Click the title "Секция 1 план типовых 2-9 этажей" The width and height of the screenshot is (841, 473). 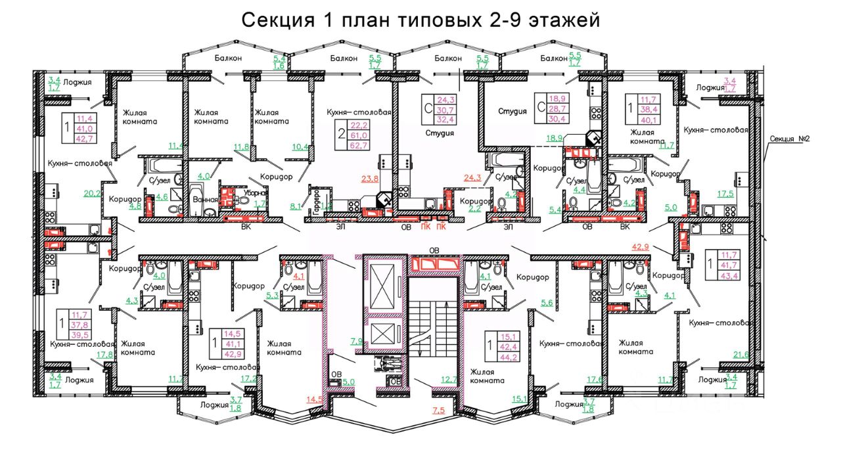pyautogui.click(x=420, y=20)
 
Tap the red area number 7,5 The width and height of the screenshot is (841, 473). pyautogui.click(x=438, y=411)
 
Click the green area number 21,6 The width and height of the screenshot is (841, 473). pyautogui.click(x=742, y=355)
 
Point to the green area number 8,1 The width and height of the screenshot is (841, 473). pyautogui.click(x=296, y=206)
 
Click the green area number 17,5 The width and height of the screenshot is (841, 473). pyautogui.click(x=725, y=194)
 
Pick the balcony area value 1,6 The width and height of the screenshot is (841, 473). pyautogui.click(x=279, y=66)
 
